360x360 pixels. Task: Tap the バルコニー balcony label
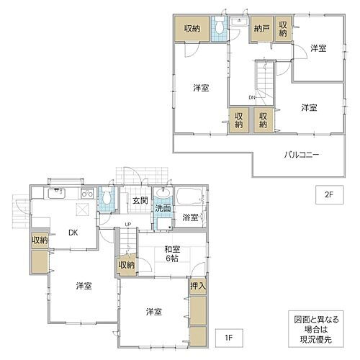tap(301, 155)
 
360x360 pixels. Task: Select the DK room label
tap(74, 233)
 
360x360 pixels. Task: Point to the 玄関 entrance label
tap(140, 199)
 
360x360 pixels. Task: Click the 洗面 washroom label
tap(164, 209)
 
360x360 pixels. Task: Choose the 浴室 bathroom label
tap(191, 216)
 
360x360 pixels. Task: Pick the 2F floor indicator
tap(328, 192)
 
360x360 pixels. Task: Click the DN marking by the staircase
tap(253, 98)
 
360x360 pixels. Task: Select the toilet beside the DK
tap(107, 197)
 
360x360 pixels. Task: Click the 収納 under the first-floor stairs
tap(127, 266)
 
